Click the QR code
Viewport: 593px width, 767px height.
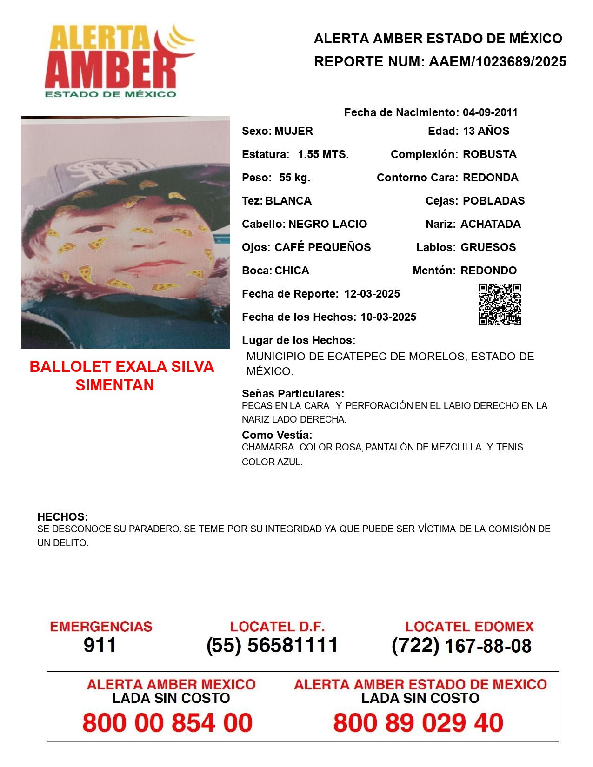[500, 304]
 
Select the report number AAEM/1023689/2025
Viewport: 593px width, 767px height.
[497, 61]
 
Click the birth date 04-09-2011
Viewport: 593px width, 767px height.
[490, 112]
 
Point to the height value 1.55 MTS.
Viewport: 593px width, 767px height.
[323, 154]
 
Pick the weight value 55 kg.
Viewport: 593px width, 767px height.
[294, 178]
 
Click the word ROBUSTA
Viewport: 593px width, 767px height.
[489, 154]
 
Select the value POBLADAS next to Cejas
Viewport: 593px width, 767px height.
[493, 201]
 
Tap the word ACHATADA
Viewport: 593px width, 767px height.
[490, 224]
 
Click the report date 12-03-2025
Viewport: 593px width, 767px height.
[372, 294]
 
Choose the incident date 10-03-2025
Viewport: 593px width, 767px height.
[388, 317]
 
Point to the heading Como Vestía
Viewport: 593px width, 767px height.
[277, 435]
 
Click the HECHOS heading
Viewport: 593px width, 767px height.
[62, 517]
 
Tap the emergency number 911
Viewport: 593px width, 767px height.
[100, 645]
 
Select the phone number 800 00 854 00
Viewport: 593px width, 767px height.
[167, 723]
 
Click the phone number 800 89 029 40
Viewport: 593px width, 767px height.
[418, 723]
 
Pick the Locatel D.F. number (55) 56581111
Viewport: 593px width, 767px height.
[273, 645]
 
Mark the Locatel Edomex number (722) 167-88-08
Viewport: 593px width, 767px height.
[461, 646]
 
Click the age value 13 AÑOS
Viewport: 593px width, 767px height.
[486, 131]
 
